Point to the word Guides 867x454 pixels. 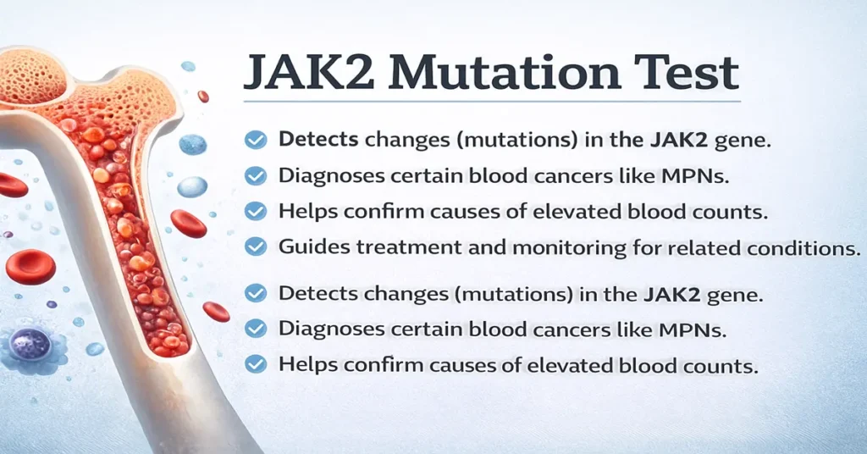pyautogui.click(x=309, y=246)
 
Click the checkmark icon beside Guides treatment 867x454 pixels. pyautogui.click(x=256, y=246)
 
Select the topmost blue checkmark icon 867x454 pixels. pyautogui.click(x=256, y=141)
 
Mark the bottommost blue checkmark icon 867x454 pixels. pyautogui.click(x=256, y=365)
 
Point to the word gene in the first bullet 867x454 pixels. pyautogui.click(x=748, y=141)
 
